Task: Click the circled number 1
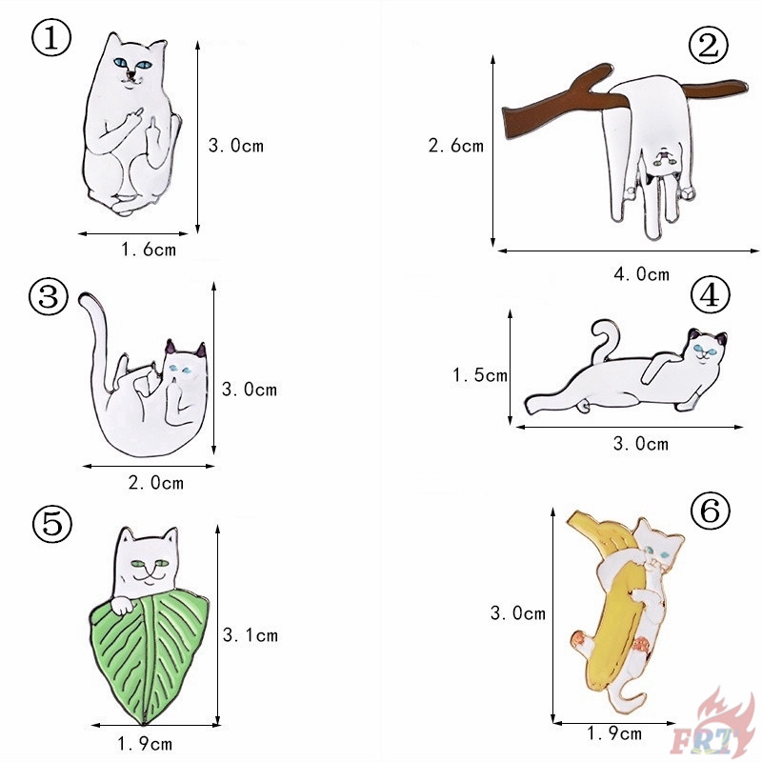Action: tap(51, 38)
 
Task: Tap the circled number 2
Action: tap(708, 45)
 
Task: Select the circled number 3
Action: tap(49, 296)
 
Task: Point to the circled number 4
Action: tap(710, 295)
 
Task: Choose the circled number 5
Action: tap(52, 524)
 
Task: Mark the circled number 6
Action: tap(710, 511)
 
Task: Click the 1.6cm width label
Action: tap(149, 250)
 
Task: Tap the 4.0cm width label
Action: tap(641, 274)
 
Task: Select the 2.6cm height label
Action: tap(456, 146)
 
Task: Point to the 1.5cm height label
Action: tap(480, 374)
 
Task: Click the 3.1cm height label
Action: tap(251, 635)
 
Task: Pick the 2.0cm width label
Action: tap(156, 483)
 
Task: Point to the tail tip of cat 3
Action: tap(84, 298)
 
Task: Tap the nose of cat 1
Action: tap(130, 74)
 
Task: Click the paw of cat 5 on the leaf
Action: tap(121, 606)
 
